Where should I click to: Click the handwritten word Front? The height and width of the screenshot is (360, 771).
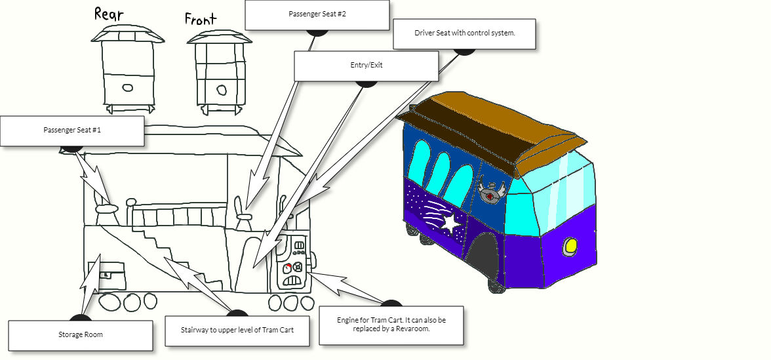point(200,19)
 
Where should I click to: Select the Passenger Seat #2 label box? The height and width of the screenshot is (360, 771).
point(317,14)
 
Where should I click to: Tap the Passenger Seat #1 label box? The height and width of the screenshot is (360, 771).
point(72,130)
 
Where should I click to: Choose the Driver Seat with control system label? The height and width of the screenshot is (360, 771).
point(464,33)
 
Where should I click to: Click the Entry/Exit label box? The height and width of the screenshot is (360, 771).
point(366,66)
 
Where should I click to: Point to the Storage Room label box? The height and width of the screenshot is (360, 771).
point(80,334)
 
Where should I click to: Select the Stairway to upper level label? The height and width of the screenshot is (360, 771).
point(236,330)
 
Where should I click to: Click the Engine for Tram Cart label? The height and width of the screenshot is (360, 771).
point(391,325)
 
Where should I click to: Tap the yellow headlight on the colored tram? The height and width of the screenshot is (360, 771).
point(570,247)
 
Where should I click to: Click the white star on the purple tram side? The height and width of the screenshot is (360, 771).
point(451,223)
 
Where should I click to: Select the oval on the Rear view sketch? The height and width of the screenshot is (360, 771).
point(128,87)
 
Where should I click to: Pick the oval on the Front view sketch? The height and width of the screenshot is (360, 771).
point(222,90)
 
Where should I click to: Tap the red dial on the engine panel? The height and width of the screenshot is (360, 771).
point(287,267)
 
